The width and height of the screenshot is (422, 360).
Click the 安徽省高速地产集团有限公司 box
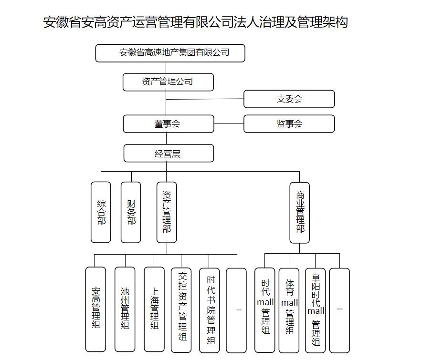click(170, 53)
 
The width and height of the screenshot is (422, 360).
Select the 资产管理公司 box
click(168, 82)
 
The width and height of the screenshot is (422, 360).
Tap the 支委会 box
click(289, 99)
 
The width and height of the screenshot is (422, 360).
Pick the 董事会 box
click(169, 123)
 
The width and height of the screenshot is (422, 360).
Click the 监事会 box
click(289, 123)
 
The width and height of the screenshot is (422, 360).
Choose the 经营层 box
click(169, 153)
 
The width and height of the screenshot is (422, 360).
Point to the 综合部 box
click(101, 212)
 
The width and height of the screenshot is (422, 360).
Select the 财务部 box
click(131, 212)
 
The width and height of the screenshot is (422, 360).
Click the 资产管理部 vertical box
click(167, 212)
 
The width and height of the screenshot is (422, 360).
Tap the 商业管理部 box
click(299, 212)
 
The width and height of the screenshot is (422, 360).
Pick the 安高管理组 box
click(95, 309)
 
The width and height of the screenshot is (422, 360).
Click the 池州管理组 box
click(125, 309)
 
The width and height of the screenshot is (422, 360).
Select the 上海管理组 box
click(154, 309)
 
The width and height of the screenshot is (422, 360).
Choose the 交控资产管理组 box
click(181, 310)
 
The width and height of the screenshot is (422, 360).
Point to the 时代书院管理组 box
click(210, 310)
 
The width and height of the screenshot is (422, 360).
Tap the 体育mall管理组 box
click(289, 310)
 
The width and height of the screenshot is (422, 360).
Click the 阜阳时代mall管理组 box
click(315, 310)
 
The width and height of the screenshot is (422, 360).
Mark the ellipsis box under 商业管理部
click(339, 310)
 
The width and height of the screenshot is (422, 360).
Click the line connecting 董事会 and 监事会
click(229, 124)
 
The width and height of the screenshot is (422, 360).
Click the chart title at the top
click(196, 22)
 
